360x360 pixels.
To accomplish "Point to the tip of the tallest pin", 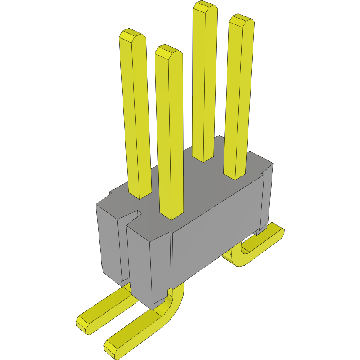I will tap(205, 7).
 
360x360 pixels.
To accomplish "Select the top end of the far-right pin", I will tap(241, 21).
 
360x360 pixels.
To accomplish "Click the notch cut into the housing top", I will tap(134, 215).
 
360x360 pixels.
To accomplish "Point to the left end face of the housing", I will tap(110, 244).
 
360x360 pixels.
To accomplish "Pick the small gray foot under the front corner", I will tap(159, 303).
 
